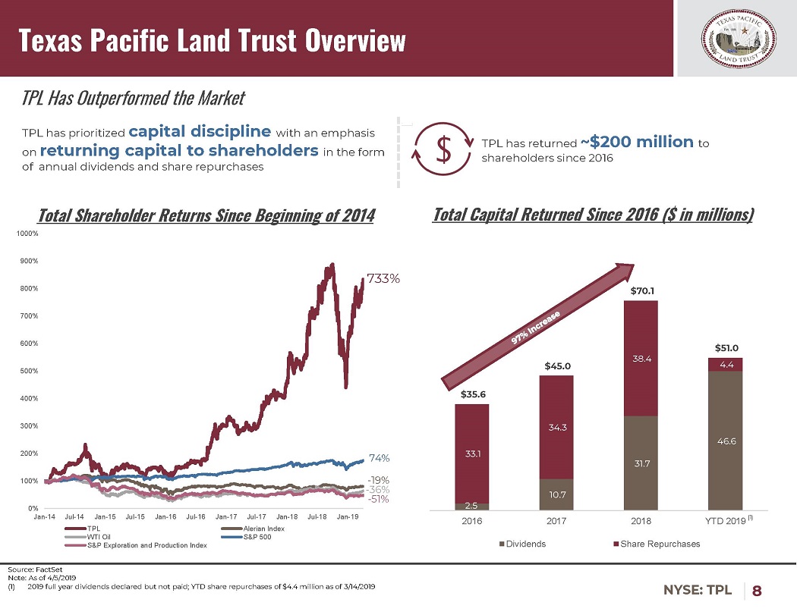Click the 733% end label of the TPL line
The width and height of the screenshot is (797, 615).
[383, 279]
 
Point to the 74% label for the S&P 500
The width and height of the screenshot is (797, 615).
[379, 458]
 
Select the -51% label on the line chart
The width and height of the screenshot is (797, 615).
[379, 499]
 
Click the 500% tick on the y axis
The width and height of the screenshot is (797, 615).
[29, 371]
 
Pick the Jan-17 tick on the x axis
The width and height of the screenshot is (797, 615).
[227, 517]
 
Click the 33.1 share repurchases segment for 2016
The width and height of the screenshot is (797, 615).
[471, 453]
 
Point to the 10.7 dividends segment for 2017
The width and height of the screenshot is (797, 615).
[556, 494]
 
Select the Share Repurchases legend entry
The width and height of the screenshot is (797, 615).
[659, 544]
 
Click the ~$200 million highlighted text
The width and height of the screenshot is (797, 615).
[637, 142]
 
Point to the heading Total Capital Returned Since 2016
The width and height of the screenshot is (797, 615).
[593, 215]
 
